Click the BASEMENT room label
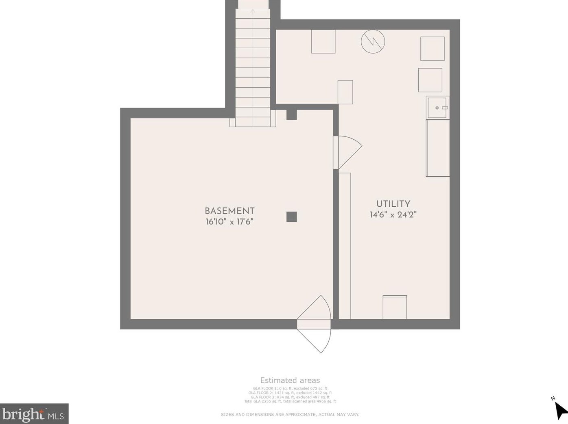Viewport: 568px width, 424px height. point(229,211)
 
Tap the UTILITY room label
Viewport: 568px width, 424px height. point(393,204)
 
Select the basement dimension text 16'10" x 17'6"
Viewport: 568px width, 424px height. point(229,222)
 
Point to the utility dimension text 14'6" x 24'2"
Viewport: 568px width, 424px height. point(393,215)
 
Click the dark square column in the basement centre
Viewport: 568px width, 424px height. point(291,217)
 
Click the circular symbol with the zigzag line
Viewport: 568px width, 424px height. point(373,41)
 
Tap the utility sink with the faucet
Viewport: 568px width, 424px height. point(437,108)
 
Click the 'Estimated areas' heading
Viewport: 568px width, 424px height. point(290,381)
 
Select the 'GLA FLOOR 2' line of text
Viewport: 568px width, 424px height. point(290,393)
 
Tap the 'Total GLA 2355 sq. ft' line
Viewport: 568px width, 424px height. point(290,401)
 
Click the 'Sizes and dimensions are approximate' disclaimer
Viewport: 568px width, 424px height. point(290,415)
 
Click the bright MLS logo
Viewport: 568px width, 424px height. point(34,414)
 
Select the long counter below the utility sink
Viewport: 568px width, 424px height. point(438,148)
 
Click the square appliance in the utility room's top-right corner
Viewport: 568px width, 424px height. point(432,49)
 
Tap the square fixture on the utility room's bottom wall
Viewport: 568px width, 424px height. point(394,307)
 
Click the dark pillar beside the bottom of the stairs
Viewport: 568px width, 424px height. point(291,115)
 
